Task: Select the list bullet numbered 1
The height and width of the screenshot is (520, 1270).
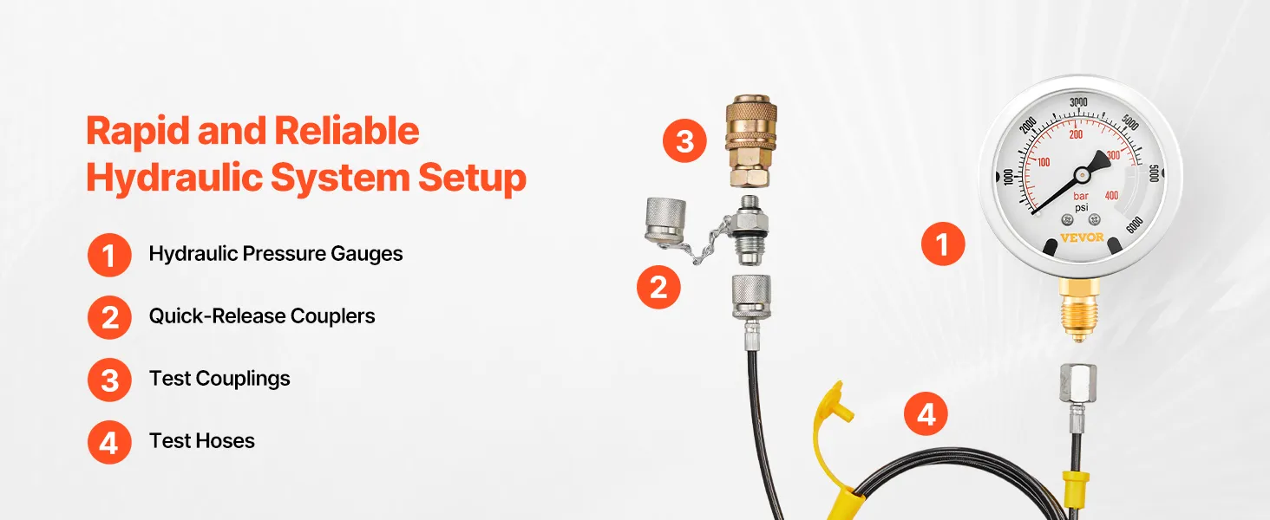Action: tap(109, 255)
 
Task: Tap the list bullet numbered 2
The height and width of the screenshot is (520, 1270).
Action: tap(109, 317)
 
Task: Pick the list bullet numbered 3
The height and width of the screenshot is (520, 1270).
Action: tap(109, 380)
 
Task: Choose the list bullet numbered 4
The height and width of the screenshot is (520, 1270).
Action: tap(109, 442)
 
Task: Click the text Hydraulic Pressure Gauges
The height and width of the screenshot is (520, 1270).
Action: tap(276, 254)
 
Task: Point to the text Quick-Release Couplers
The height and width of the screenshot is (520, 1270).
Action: tap(262, 316)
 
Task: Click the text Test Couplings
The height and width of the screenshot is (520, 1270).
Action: tap(219, 379)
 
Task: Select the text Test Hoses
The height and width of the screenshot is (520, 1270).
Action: tap(202, 440)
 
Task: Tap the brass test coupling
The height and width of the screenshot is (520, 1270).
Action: tap(750, 141)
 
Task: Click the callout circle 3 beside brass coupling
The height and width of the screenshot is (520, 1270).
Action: tap(685, 140)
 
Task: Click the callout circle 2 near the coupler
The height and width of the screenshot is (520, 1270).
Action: tap(658, 287)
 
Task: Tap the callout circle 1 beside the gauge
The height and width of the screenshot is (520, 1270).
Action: tap(943, 244)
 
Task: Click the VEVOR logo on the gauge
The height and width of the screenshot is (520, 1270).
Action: tap(1082, 237)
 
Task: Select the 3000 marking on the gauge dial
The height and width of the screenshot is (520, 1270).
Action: tap(1078, 102)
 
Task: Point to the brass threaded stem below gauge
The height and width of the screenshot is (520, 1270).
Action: tap(1079, 310)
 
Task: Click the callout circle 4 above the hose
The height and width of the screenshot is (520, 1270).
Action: tap(926, 413)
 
